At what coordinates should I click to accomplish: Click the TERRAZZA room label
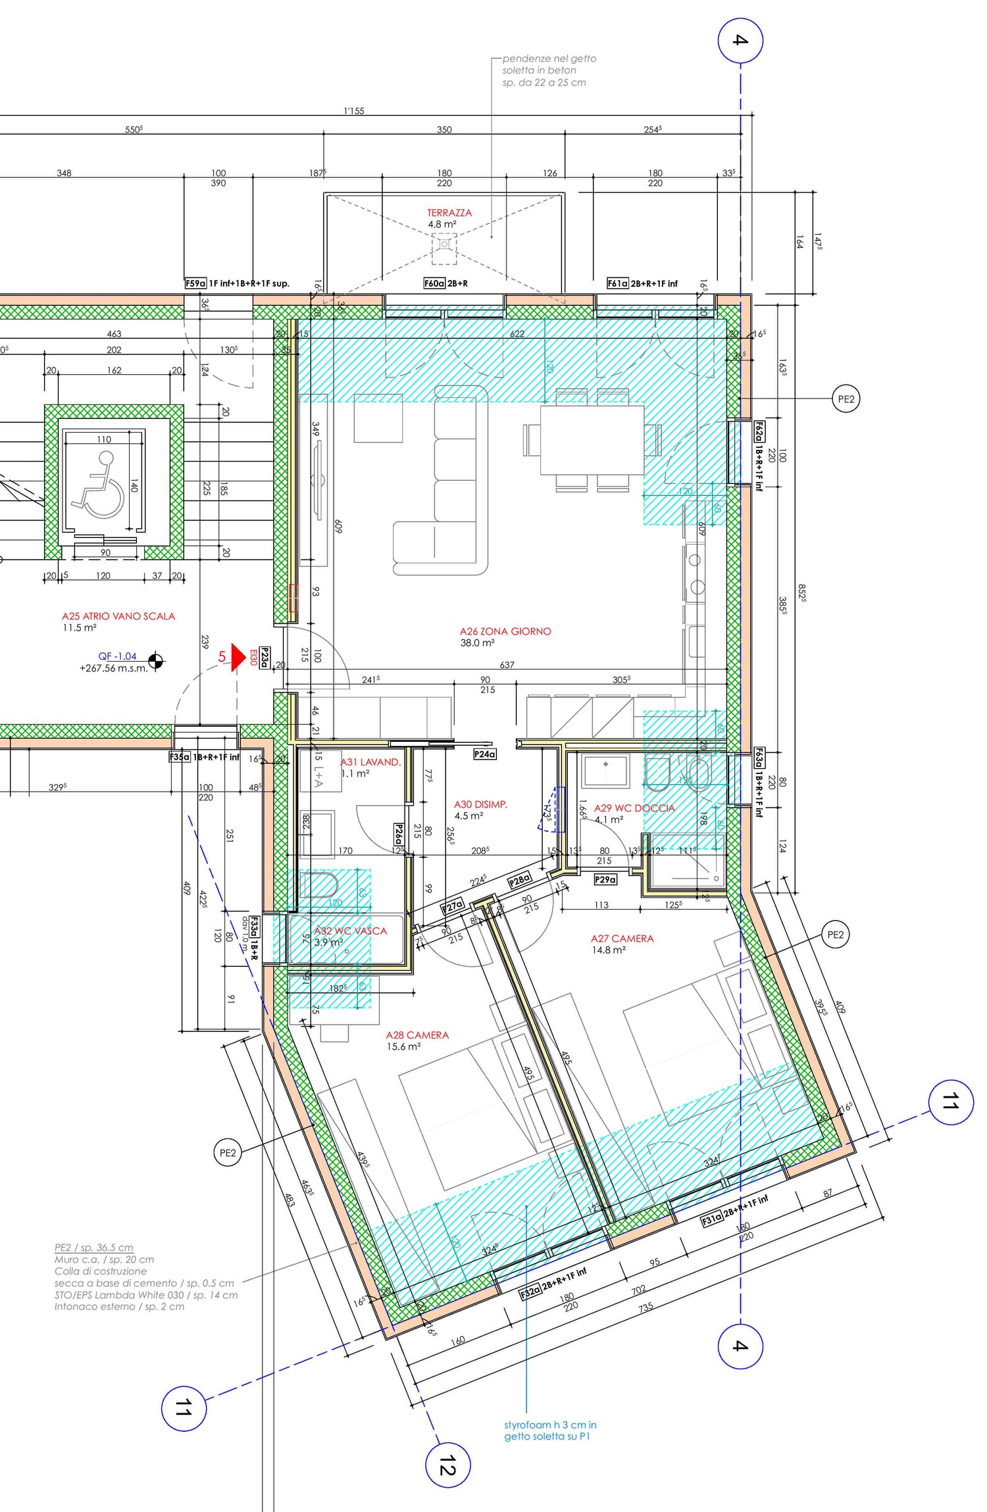449,213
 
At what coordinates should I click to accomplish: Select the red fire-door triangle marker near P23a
238,656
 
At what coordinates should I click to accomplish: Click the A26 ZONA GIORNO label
505,631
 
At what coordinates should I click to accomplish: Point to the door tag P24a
484,754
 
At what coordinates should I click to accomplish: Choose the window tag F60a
434,283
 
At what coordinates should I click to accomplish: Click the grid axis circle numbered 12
447,1465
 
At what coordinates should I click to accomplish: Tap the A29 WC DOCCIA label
634,808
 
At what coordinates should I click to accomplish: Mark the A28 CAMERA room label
417,1035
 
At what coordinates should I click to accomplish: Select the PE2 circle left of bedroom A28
227,1153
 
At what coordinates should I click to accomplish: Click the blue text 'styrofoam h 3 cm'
550,1425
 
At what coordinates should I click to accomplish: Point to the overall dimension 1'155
354,110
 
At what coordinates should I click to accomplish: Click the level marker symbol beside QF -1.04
156,661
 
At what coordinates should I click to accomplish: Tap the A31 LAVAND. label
370,762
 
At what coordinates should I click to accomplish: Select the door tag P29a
605,879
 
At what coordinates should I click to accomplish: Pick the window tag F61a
618,283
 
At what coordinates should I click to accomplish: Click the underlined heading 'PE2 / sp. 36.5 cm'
93,1248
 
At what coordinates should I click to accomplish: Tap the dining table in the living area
592,439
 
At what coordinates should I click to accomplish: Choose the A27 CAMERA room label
622,939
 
